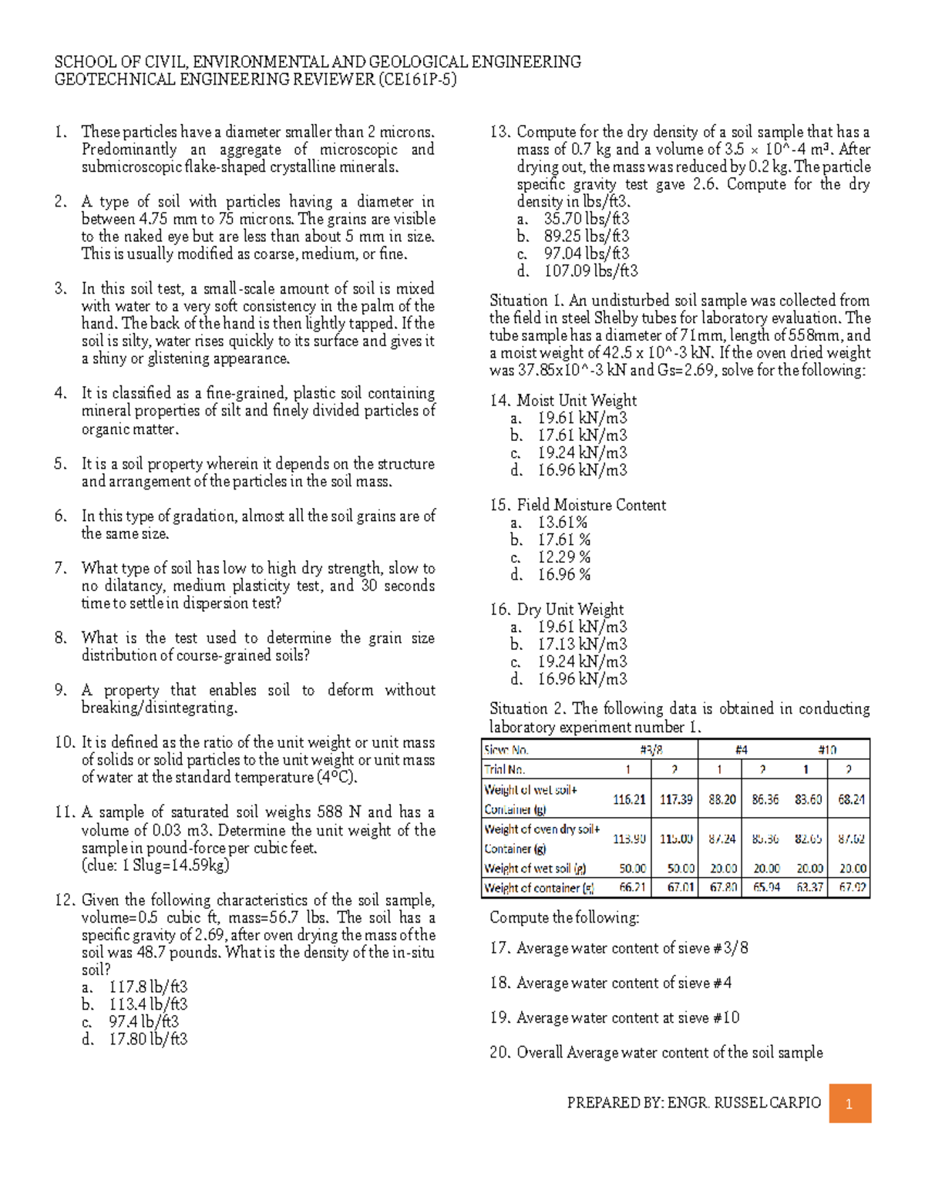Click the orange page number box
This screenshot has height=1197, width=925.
pos(850,1104)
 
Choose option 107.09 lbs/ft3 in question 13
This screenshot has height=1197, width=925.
pos(590,271)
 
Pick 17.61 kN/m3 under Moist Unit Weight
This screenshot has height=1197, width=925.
pos(582,435)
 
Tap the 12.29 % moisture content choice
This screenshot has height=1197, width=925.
pos(563,557)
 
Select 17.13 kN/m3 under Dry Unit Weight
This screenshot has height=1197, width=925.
pos(582,644)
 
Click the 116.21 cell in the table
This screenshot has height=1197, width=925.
pos(629,799)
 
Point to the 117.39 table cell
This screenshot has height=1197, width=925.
pos(675,799)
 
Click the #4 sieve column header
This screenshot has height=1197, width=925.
pos(741,749)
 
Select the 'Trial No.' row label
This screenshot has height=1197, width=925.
pos(504,769)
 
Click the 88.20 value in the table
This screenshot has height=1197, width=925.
pos(721,799)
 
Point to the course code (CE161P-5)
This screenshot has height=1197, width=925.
pos(416,79)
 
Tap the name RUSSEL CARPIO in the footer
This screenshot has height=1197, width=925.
pos(767,1103)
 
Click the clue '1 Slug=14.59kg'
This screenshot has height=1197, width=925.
pos(155,865)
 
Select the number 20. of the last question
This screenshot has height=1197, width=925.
pos(499,1053)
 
